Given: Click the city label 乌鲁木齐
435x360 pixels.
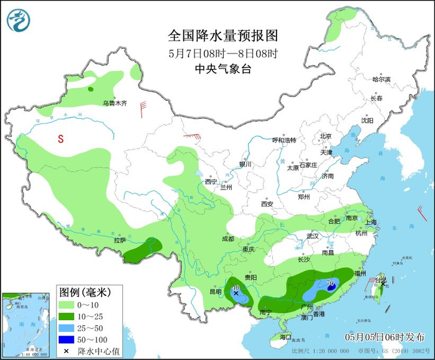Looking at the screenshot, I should click(114, 103).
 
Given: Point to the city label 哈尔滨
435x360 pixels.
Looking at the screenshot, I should click(381, 80).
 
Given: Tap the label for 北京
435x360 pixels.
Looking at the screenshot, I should click(326, 136).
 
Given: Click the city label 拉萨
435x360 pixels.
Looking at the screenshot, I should click(119, 240).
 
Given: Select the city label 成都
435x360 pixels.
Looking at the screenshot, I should click(227, 239).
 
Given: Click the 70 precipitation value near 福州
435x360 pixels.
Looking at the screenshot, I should click(331, 284).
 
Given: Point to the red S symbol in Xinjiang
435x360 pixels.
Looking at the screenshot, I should click(61, 139).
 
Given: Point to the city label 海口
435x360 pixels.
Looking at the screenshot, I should click(285, 336).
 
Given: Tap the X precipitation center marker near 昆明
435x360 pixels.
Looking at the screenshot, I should click(236, 292).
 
